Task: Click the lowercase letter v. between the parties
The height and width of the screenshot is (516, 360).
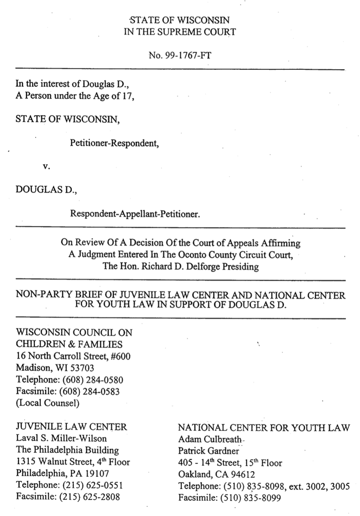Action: pyautogui.click(x=46, y=167)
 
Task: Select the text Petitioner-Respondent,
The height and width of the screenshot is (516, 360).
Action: pyautogui.click(x=114, y=143)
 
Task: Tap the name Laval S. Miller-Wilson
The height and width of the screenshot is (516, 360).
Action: pyautogui.click(x=61, y=439)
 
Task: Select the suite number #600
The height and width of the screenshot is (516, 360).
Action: pyautogui.click(x=121, y=357)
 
